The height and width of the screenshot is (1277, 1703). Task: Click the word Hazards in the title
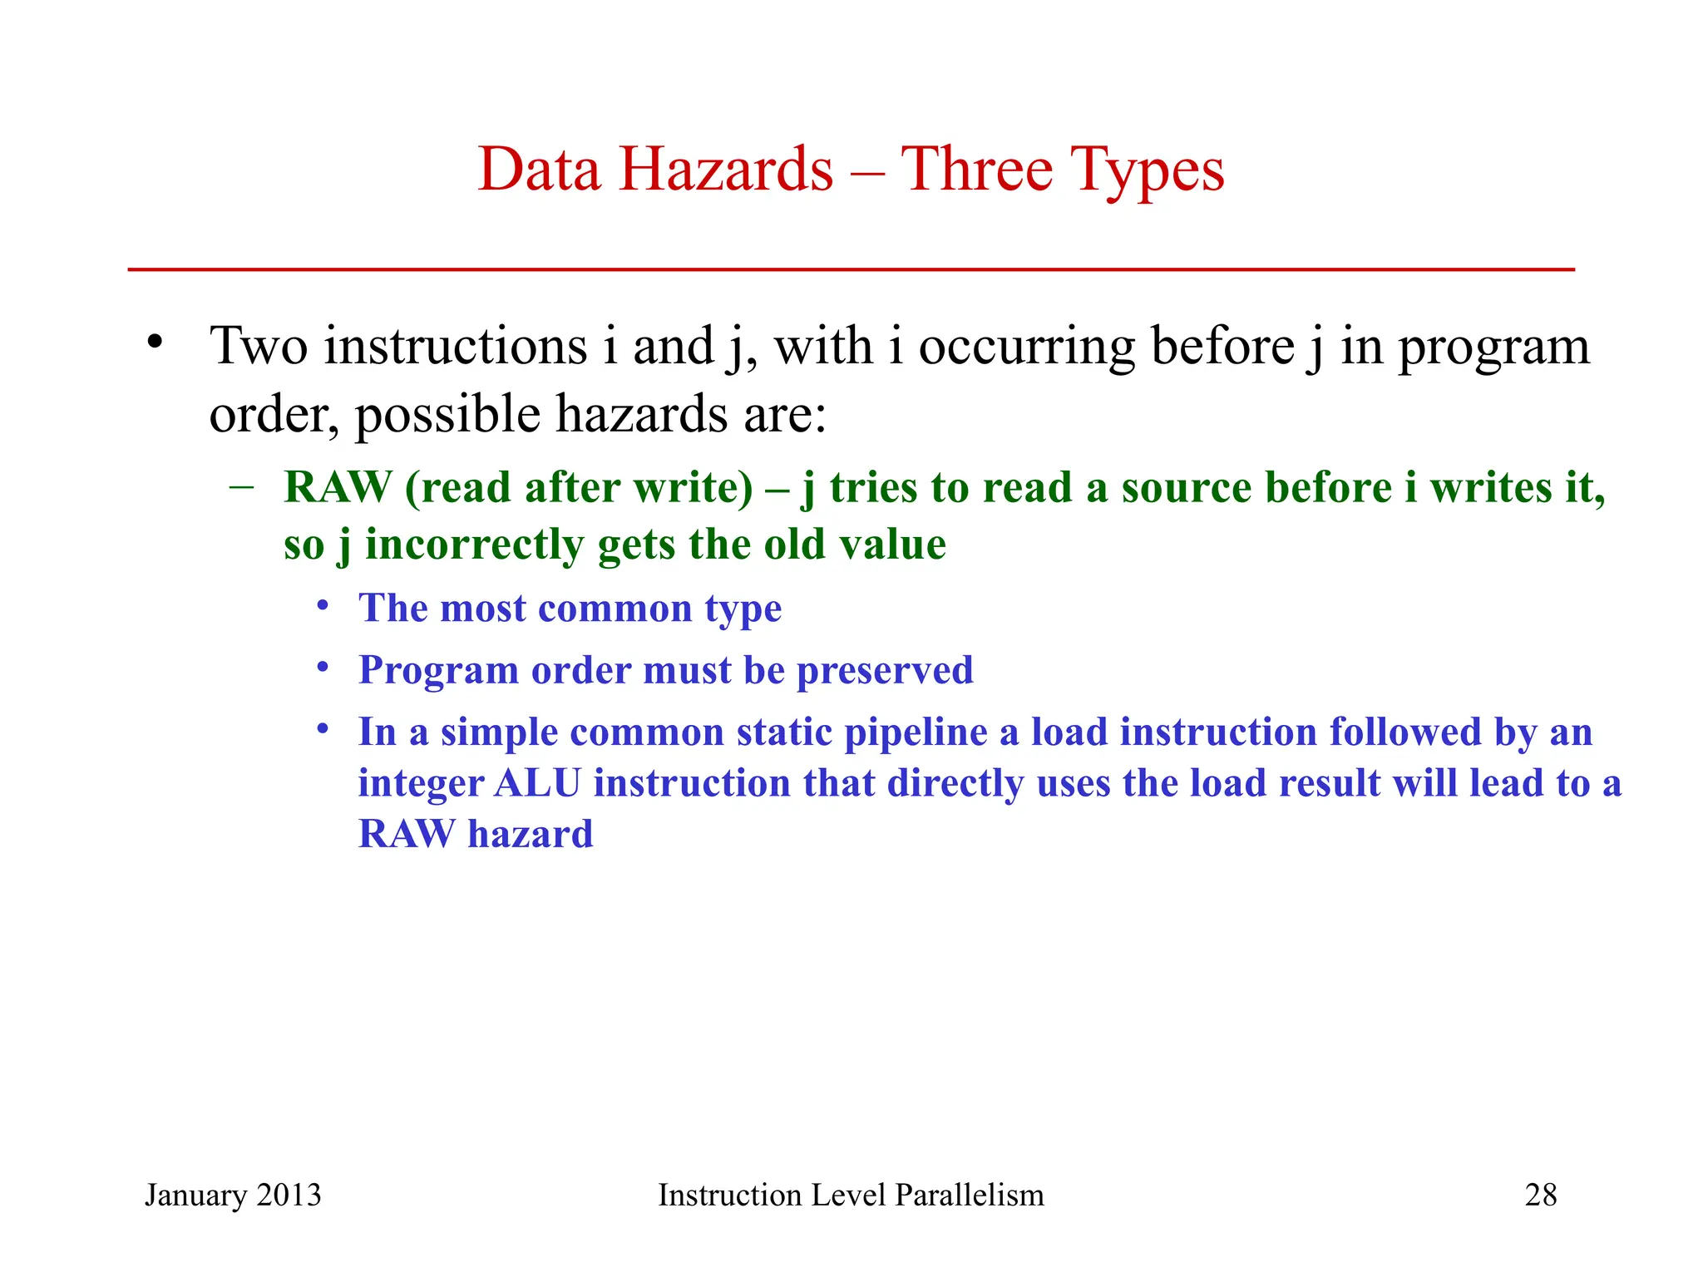click(x=725, y=170)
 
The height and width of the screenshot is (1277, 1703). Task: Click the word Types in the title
click(x=1146, y=171)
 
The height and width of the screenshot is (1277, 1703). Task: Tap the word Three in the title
click(x=976, y=170)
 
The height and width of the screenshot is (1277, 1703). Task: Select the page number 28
click(x=1540, y=1195)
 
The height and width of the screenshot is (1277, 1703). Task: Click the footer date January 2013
click(x=233, y=1195)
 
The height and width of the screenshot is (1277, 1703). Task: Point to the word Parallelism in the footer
click(x=969, y=1195)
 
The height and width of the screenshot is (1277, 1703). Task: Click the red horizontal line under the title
click(x=851, y=269)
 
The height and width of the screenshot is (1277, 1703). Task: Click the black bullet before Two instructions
click(x=154, y=342)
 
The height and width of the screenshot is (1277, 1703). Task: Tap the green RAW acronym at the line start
click(x=337, y=488)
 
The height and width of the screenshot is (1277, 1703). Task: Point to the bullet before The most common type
click(x=323, y=605)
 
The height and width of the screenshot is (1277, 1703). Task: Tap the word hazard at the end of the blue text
click(x=530, y=834)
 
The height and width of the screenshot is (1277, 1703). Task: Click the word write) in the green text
click(x=693, y=488)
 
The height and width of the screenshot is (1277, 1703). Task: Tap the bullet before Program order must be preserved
click(x=323, y=668)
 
